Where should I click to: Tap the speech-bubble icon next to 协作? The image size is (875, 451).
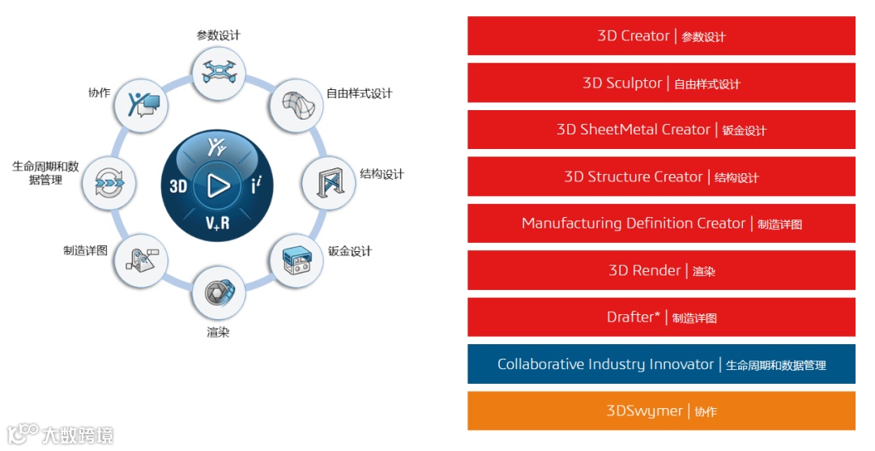[x=143, y=104]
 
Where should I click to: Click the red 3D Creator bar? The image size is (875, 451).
[x=661, y=36]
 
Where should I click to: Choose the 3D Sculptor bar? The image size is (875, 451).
[x=661, y=83]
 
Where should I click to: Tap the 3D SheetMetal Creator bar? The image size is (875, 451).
[x=661, y=130]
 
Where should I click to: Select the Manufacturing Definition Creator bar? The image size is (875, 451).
[x=661, y=223]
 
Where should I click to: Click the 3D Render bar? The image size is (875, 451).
[x=661, y=270]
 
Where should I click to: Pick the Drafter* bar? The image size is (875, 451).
[x=661, y=317]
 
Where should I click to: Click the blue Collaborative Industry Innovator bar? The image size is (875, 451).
[x=661, y=364]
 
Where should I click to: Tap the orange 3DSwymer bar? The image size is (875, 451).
[x=661, y=411]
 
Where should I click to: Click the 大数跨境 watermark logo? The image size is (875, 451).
[x=60, y=434]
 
